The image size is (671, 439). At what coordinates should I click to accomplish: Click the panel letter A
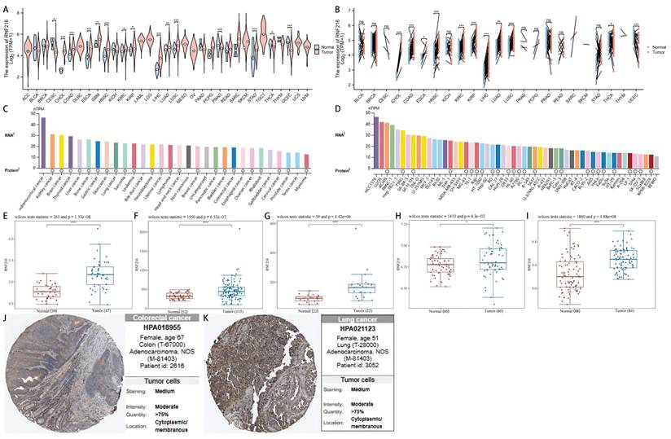pos(6,7)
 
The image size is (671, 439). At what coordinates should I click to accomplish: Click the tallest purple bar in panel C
pos(43,138)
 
